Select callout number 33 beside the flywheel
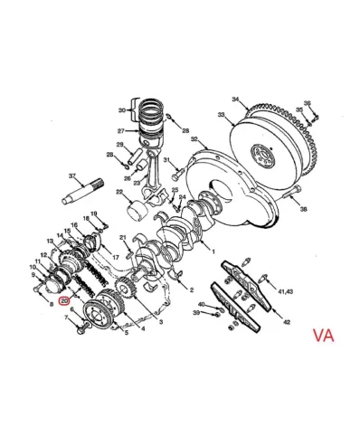[221, 115]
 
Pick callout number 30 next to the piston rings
[122, 110]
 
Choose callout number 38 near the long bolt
[304, 209]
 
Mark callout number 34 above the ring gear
[234, 99]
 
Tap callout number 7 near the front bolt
[65, 319]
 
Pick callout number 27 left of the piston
[120, 130]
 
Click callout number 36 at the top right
[308, 103]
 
